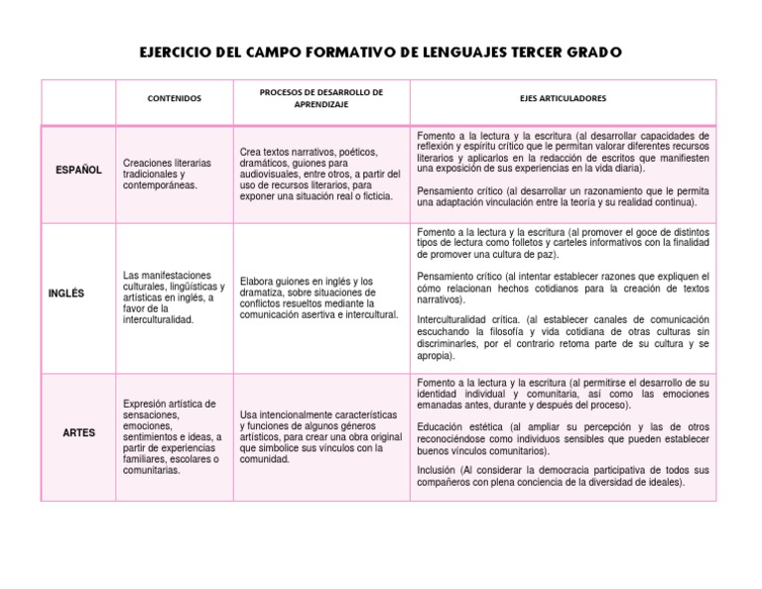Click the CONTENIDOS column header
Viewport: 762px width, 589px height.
point(174,99)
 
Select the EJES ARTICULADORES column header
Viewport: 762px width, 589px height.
point(563,99)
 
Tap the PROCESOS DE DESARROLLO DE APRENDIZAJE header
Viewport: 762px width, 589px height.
point(320,98)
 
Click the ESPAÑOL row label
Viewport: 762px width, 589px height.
point(78,170)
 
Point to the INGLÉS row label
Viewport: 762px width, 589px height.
point(66,293)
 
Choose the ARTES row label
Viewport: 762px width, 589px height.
point(78,432)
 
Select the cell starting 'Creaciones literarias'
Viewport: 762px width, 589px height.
point(167,174)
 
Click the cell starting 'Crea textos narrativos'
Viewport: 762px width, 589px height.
point(319,175)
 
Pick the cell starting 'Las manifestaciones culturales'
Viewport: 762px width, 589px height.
point(173,297)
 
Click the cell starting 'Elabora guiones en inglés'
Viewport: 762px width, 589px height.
point(318,298)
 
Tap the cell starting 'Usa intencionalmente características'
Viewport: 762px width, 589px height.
point(319,438)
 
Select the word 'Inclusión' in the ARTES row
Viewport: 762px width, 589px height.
point(438,470)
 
